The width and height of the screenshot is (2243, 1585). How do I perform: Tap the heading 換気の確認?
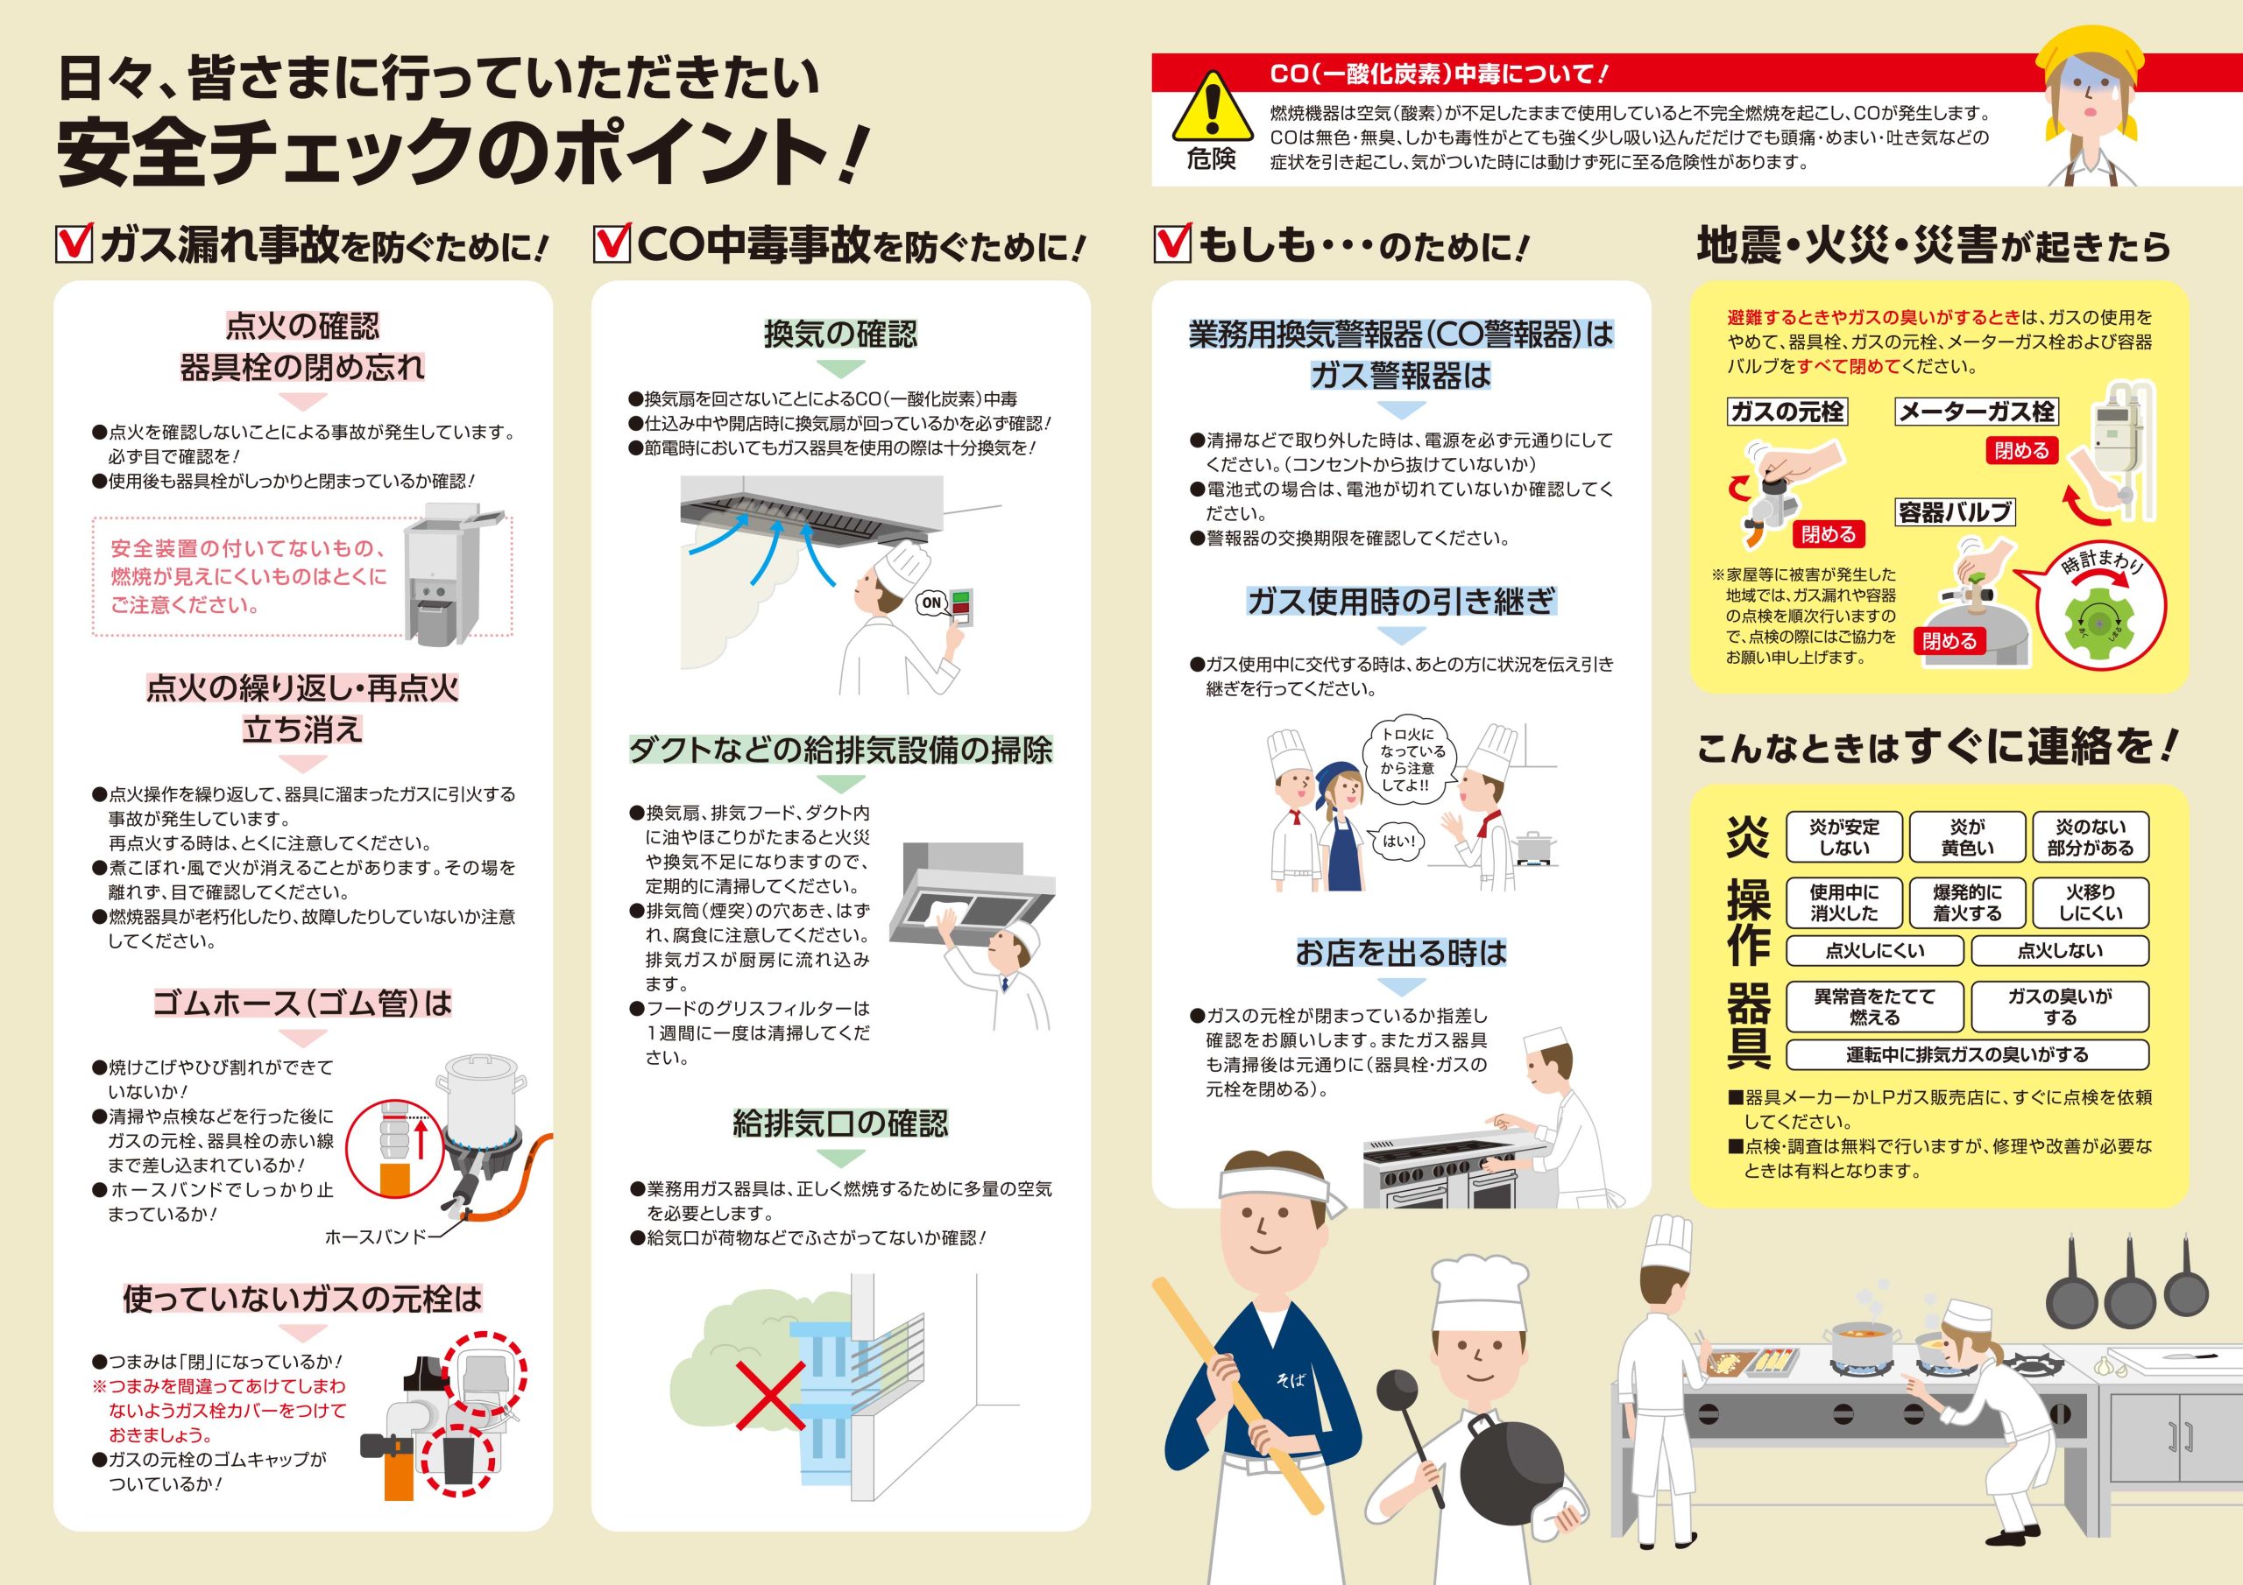[840, 334]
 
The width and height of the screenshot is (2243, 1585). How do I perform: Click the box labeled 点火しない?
[2059, 951]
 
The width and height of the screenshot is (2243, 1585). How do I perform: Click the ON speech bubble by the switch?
[932, 602]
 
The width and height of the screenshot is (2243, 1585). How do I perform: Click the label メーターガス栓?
[1977, 412]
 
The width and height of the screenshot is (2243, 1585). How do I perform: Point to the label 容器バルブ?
[1955, 511]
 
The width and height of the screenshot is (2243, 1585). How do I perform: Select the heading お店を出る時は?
[1401, 952]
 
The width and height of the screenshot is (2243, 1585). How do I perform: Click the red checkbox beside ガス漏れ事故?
[74, 243]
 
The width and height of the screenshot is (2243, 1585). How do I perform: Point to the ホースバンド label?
[376, 1237]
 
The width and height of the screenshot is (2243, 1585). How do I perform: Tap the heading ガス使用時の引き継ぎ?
[1401, 602]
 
